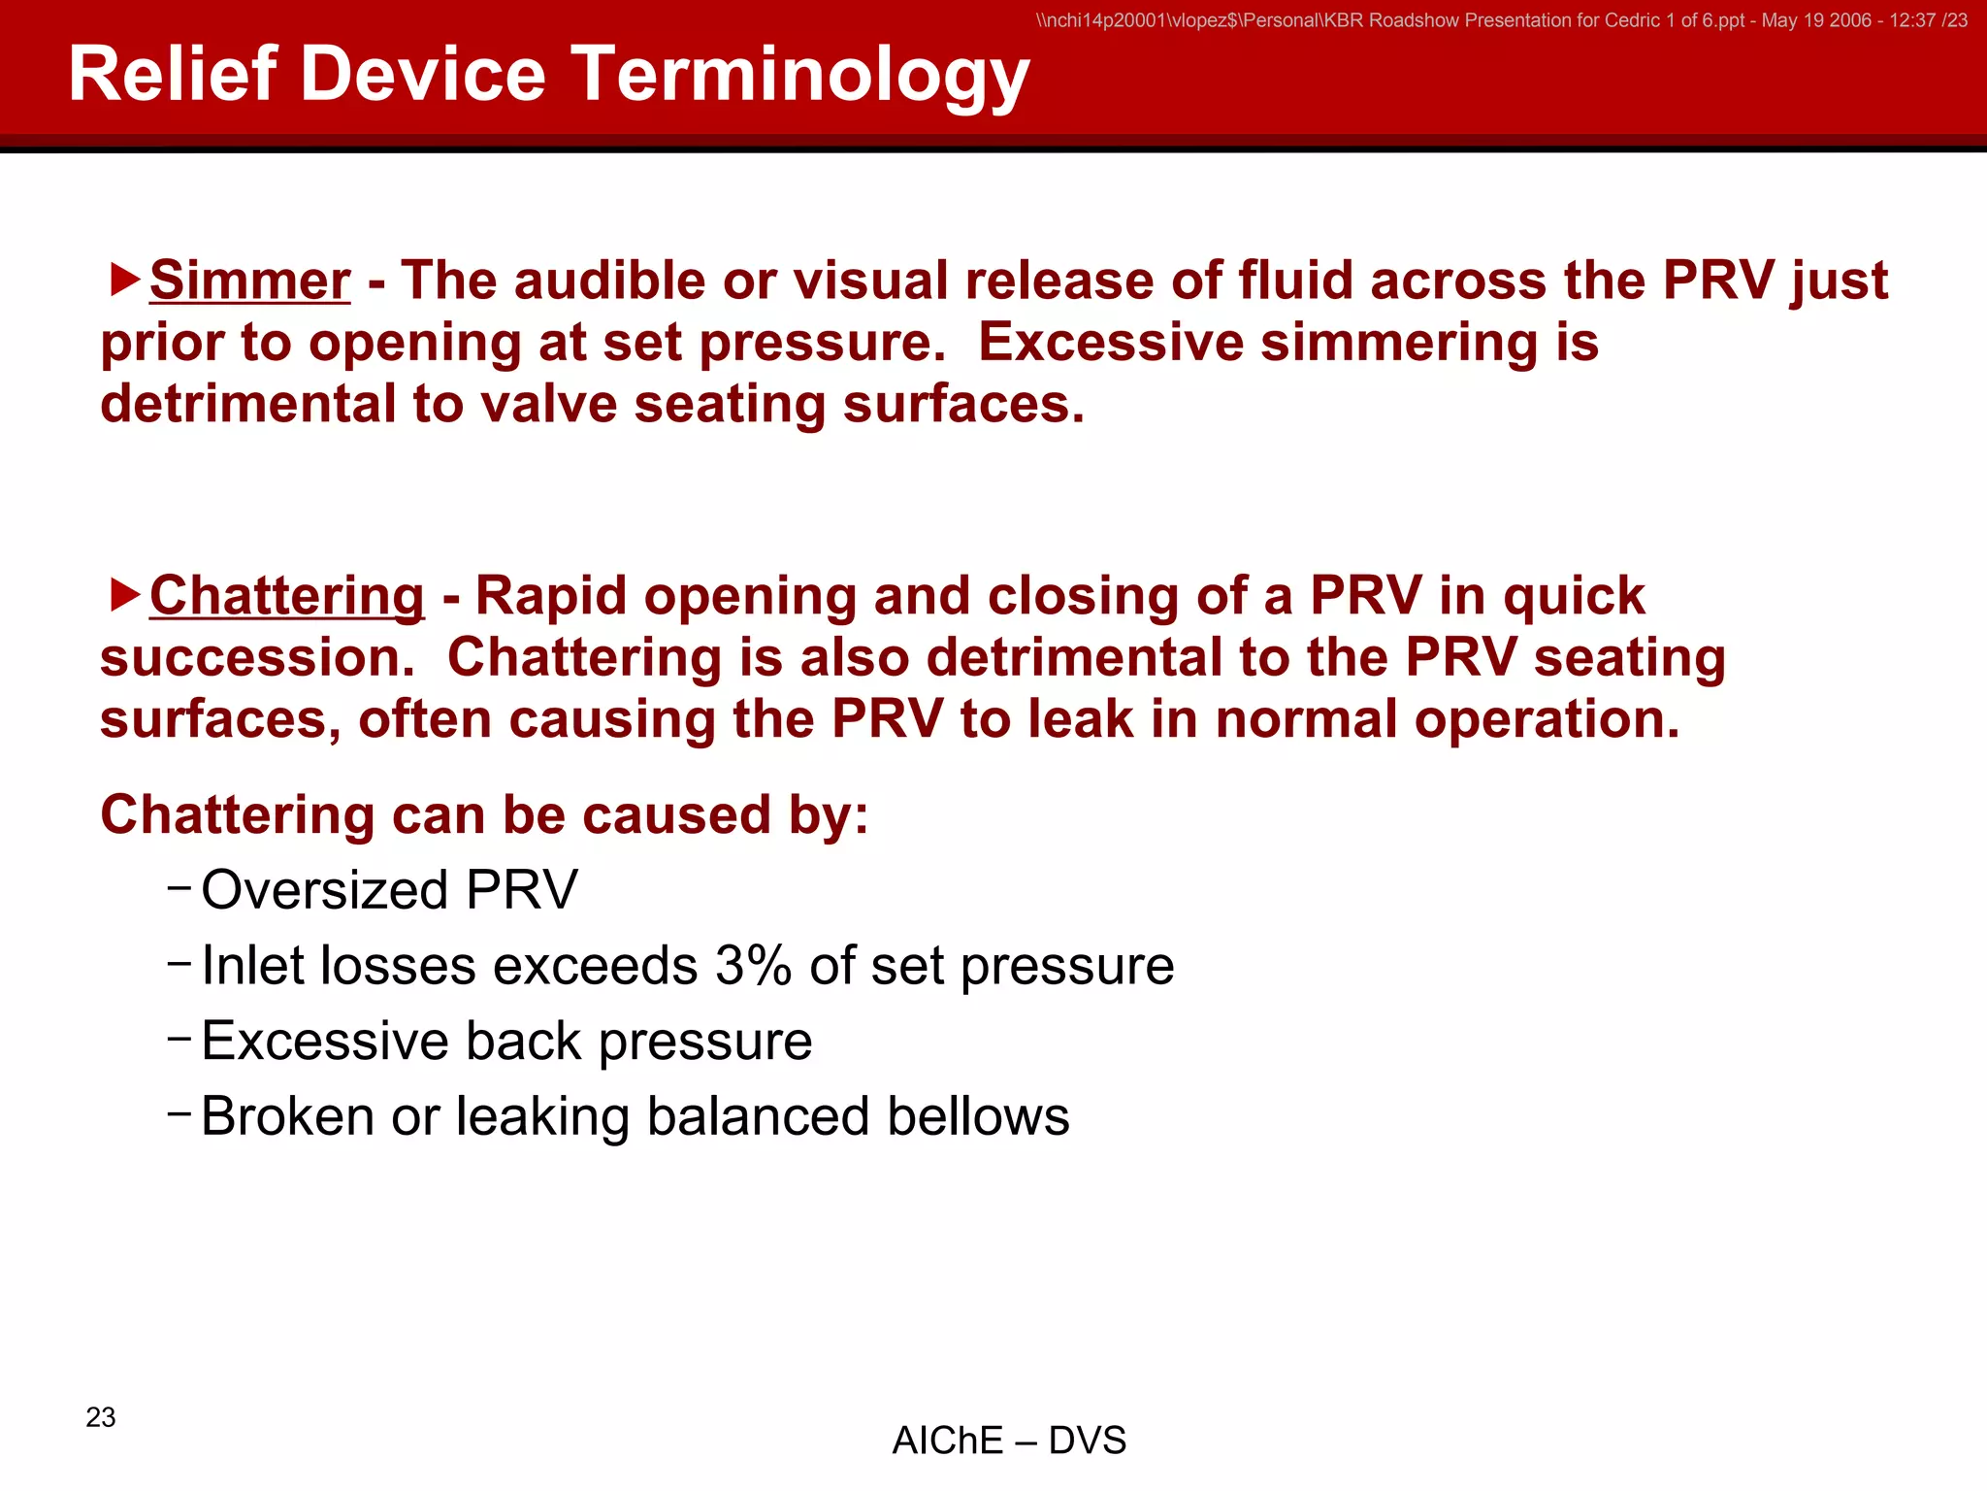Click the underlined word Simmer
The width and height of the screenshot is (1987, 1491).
click(x=249, y=282)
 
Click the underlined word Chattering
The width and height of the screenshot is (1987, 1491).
click(x=286, y=596)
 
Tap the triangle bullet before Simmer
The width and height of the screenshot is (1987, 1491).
click(x=124, y=280)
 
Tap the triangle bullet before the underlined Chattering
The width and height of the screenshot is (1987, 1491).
click(x=124, y=595)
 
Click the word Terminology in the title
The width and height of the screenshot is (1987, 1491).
click(x=799, y=76)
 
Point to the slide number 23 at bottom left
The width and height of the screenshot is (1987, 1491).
click(x=101, y=1417)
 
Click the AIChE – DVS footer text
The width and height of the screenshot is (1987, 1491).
click(x=1009, y=1441)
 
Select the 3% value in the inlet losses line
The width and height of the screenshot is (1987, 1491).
click(x=753, y=967)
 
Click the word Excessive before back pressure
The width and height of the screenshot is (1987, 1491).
click(x=324, y=1042)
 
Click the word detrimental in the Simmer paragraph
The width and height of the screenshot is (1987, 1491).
click(x=247, y=404)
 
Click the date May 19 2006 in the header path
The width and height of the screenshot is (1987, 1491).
click(x=1816, y=20)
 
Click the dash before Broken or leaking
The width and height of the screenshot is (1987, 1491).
click(x=179, y=1111)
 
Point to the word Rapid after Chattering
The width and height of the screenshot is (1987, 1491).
click(x=550, y=596)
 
